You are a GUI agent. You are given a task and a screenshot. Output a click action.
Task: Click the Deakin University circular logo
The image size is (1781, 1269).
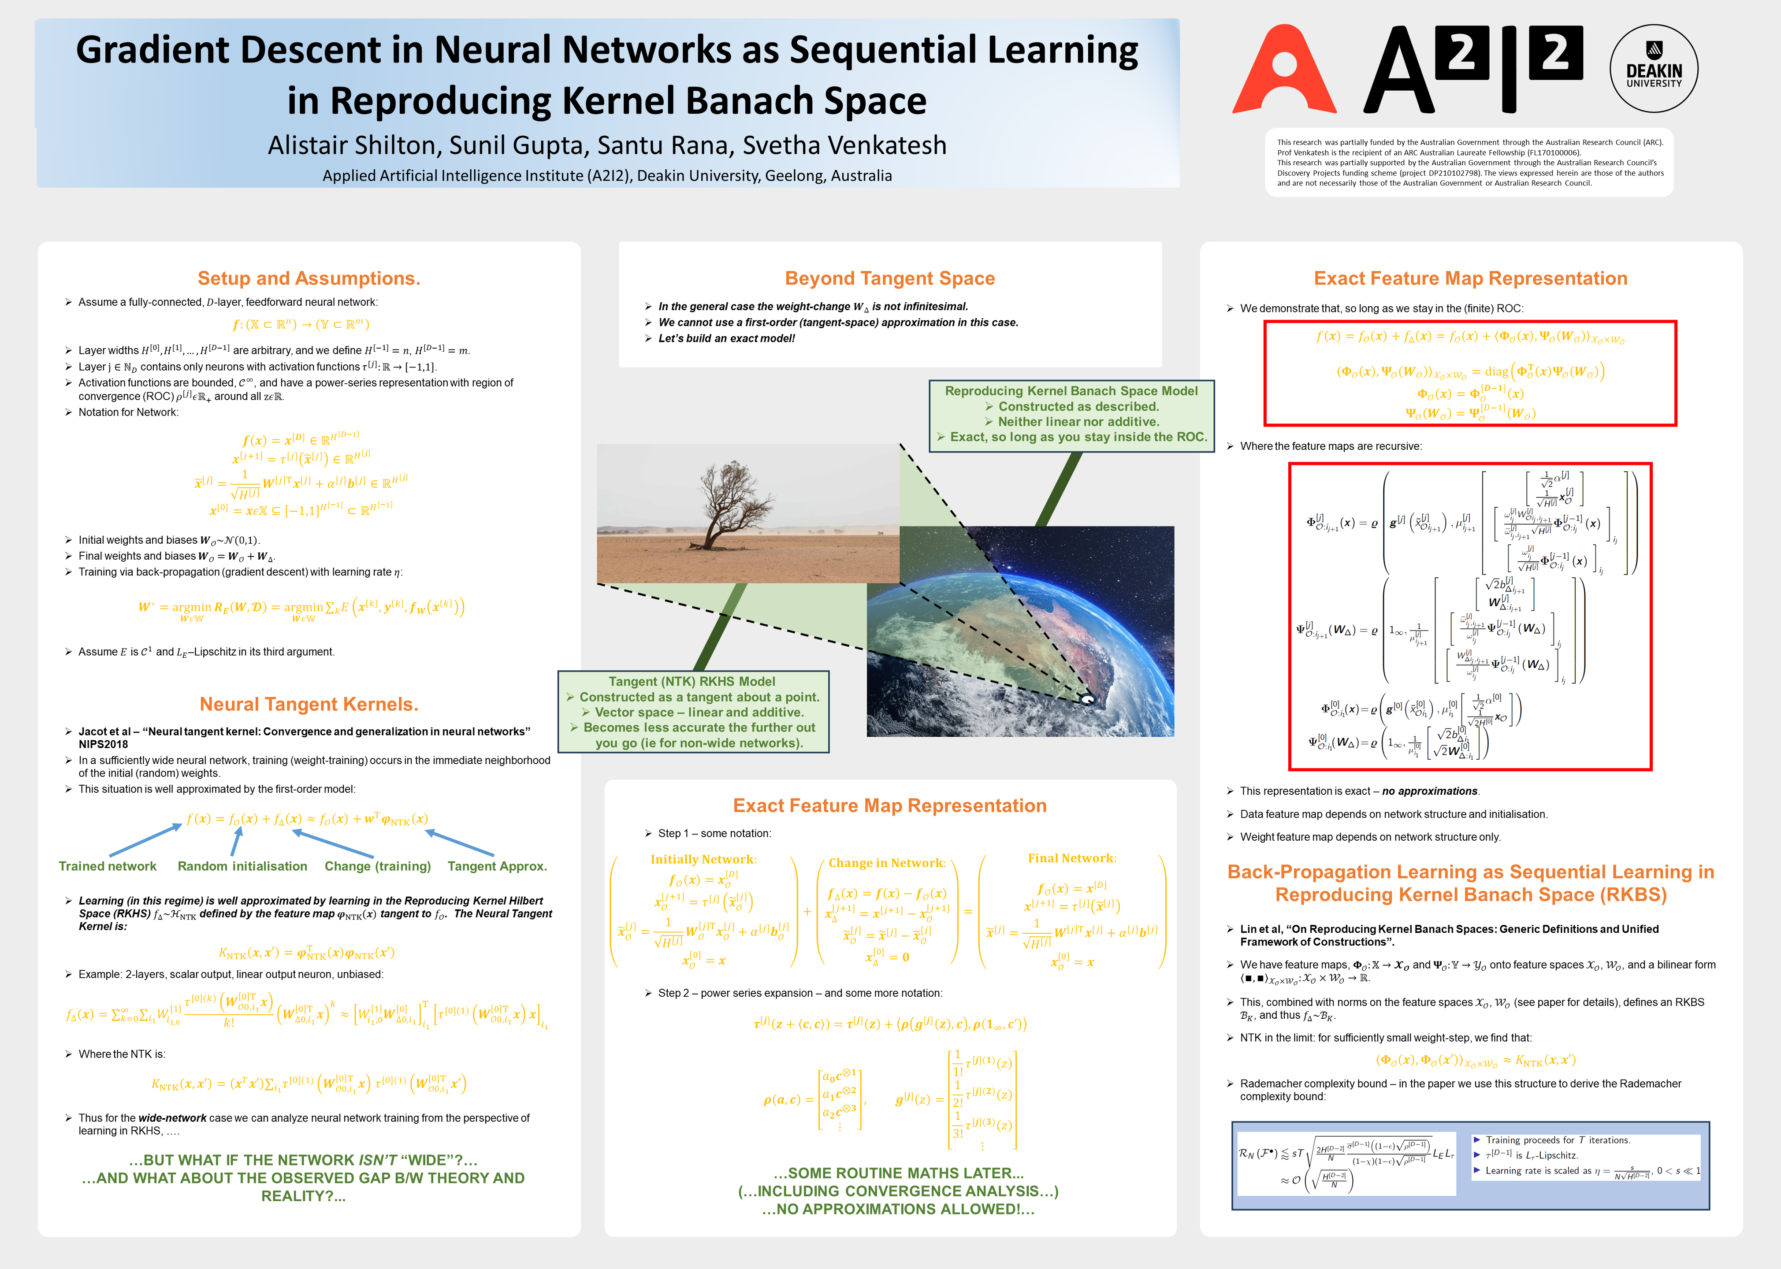point(1654,69)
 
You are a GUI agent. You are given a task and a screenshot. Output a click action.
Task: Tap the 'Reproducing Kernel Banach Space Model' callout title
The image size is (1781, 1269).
point(1071,391)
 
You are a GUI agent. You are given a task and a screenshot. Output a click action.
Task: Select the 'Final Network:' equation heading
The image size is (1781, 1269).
point(1071,858)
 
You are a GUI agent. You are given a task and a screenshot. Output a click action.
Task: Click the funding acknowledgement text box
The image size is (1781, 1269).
point(1469,163)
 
